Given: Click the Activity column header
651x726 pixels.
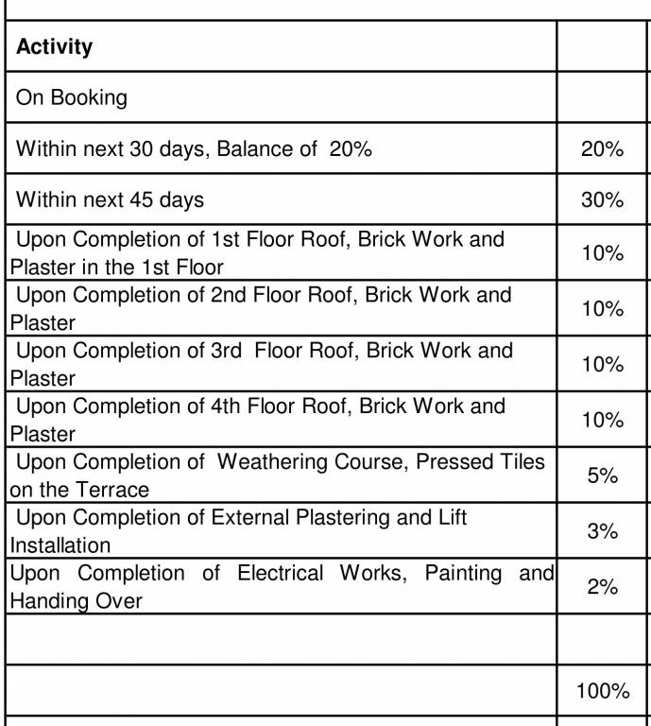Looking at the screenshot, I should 55,46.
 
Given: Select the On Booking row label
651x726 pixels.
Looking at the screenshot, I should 72,97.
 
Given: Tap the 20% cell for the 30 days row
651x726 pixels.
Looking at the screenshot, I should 602,148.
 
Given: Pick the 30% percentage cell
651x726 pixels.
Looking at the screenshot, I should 602,200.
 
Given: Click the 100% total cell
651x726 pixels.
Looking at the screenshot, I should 602,691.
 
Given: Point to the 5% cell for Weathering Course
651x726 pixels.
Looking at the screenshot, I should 602,475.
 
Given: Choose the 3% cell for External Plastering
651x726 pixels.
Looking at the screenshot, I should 602,531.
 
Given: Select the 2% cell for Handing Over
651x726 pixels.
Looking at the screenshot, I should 602,587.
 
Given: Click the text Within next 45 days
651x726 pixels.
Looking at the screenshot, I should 110,200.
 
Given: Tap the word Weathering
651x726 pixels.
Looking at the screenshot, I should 277,462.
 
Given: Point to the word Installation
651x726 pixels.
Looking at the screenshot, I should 60,545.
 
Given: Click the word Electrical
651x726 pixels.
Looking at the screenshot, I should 280,573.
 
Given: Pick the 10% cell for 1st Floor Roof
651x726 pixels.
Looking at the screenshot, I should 602,253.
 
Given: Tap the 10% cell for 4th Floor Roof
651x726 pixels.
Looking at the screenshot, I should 602,420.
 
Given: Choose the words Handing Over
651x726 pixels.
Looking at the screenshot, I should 76,601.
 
